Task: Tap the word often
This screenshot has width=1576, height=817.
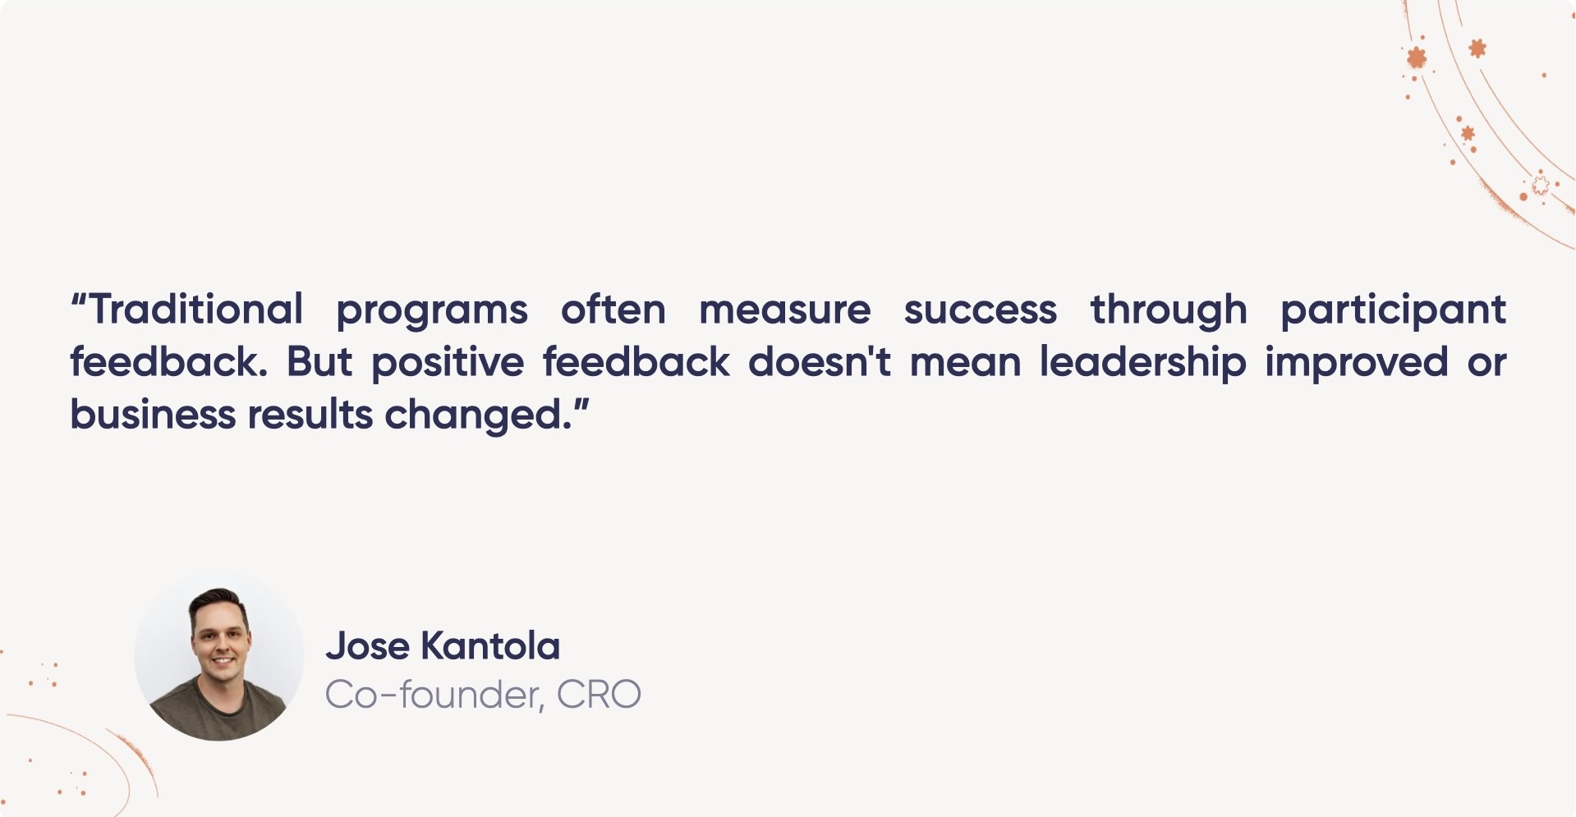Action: pyautogui.click(x=613, y=310)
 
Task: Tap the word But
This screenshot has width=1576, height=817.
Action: pyautogui.click(x=319, y=362)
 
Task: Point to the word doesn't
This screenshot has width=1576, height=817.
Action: pyautogui.click(x=820, y=362)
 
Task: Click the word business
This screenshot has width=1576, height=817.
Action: pyautogui.click(x=153, y=415)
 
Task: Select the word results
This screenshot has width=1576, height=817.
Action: pyautogui.click(x=310, y=415)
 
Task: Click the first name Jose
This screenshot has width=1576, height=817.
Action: pyautogui.click(x=367, y=646)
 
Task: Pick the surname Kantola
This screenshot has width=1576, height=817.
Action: pyautogui.click(x=490, y=646)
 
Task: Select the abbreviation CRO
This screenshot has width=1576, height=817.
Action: pyautogui.click(x=599, y=695)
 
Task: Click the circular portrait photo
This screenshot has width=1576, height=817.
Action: pyautogui.click(x=218, y=657)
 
